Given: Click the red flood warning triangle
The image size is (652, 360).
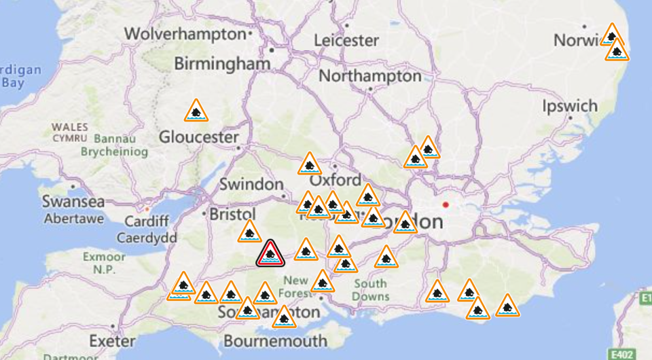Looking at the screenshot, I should pos(270,254).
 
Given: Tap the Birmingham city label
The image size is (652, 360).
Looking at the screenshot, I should pos(223,64).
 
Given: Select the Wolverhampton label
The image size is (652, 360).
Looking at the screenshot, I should pos(184,33).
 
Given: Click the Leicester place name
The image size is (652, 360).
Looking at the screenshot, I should pos(346,40).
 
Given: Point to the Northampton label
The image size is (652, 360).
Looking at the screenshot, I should pos(370,75).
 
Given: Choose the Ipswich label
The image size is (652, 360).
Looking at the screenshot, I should pos(570,106).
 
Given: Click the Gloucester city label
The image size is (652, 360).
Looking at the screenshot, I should pos(198,137).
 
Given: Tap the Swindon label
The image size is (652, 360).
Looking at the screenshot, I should pos(251,184).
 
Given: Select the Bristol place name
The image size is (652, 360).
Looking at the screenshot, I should pos(232,215).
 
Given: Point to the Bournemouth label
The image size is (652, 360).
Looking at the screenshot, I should pos(275,340).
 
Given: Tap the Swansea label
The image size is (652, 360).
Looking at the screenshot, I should pos(73,202).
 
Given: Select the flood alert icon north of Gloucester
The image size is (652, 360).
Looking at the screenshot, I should pos(196,111).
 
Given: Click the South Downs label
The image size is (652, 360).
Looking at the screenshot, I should pos(370,290).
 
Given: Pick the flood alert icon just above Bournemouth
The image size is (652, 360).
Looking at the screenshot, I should pos(284,317).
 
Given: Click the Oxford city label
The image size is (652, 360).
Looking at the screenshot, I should pos(335,181).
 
